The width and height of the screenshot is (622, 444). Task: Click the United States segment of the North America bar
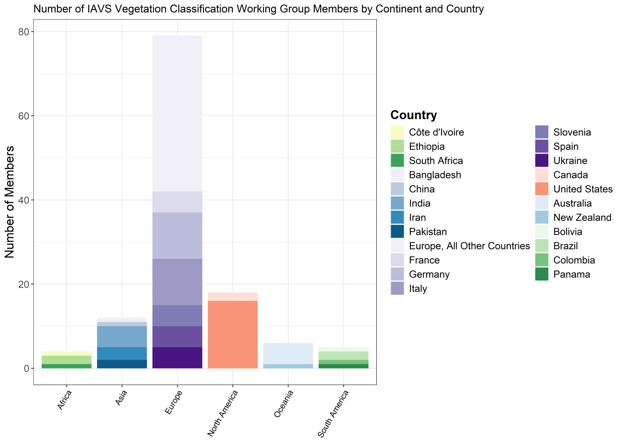click(x=233, y=334)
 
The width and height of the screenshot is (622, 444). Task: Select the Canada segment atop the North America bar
click(x=233, y=297)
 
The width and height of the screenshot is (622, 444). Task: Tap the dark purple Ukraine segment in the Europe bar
click(x=177, y=357)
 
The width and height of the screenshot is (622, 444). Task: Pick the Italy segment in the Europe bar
click(x=177, y=282)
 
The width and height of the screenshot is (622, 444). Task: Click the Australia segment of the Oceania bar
click(x=288, y=353)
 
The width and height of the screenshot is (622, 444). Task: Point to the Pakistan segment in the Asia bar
click(x=122, y=364)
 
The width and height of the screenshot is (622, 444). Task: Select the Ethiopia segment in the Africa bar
click(x=67, y=359)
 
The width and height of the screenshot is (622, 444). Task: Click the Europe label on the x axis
click(x=173, y=402)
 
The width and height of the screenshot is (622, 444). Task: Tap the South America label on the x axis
click(x=333, y=413)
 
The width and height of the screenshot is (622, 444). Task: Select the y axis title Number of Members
click(x=10, y=202)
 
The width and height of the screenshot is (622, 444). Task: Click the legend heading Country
click(x=414, y=115)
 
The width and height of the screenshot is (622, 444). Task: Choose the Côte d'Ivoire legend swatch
click(x=397, y=132)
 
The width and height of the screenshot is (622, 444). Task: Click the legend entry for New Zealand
click(x=582, y=218)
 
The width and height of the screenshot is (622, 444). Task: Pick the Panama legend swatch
click(x=542, y=275)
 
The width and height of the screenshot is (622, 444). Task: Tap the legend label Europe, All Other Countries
click(x=469, y=246)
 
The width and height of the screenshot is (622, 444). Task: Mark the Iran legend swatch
click(x=397, y=218)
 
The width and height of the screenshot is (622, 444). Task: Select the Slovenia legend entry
click(x=572, y=133)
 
